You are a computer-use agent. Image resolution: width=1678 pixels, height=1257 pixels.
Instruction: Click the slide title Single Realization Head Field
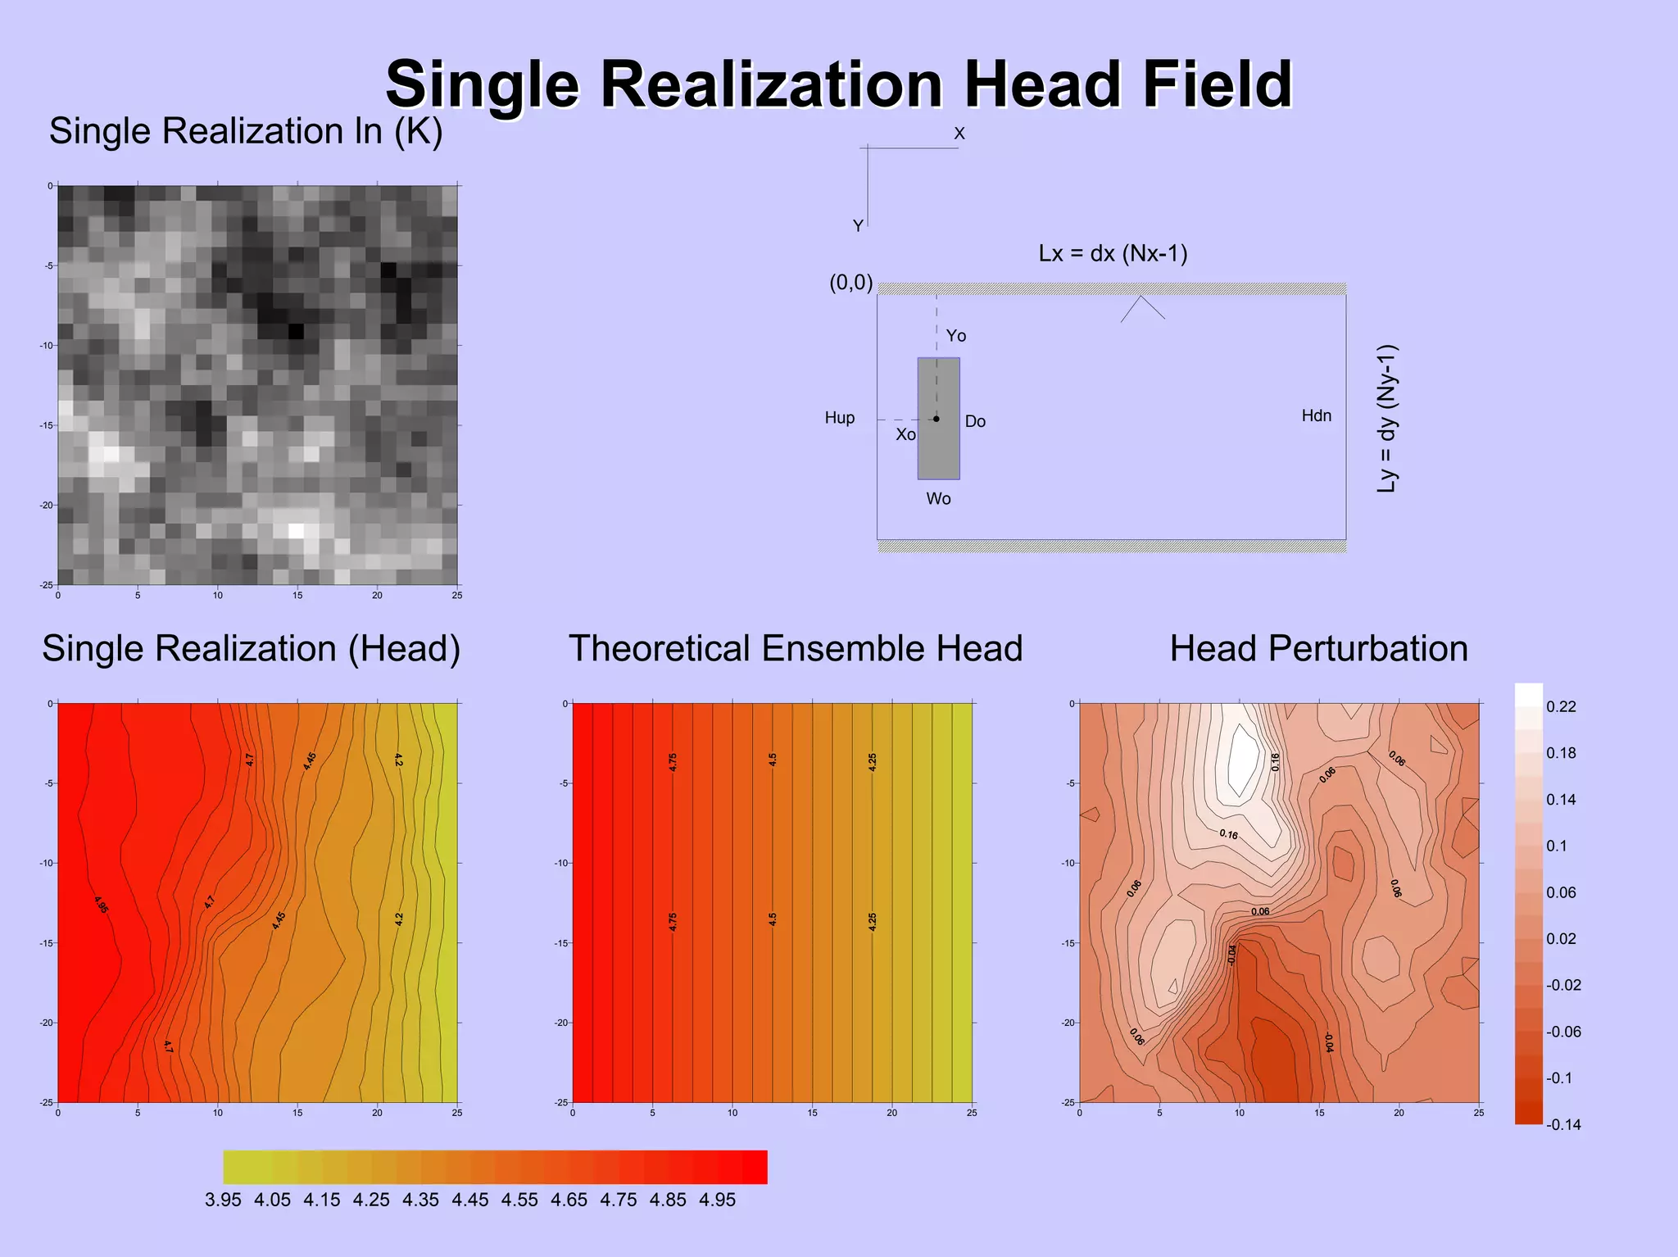click(838, 84)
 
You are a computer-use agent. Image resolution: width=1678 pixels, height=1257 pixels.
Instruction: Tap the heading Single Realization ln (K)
click(246, 131)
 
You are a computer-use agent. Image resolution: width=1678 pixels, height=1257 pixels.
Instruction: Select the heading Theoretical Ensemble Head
click(796, 648)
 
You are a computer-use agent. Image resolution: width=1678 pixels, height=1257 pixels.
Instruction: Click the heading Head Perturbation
click(1318, 648)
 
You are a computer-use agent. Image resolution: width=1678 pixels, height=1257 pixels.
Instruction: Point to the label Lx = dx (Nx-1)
click(1113, 253)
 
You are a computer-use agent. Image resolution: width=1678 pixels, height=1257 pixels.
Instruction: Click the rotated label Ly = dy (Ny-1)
click(1386, 418)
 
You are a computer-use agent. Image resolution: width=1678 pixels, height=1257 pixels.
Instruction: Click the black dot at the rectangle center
click(937, 419)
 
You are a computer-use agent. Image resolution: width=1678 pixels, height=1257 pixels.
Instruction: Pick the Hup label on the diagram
click(839, 418)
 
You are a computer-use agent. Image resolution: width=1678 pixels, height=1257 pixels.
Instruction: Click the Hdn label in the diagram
click(1316, 415)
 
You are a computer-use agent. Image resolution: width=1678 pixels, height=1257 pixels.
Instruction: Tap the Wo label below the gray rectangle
click(938, 498)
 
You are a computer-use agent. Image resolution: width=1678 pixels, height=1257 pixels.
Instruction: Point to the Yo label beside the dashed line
click(955, 336)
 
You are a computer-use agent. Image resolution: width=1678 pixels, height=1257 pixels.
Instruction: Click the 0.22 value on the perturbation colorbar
click(1560, 706)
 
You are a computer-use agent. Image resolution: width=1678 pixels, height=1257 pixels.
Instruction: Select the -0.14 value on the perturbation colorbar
click(1562, 1124)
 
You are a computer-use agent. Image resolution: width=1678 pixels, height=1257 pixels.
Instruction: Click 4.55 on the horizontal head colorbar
click(519, 1200)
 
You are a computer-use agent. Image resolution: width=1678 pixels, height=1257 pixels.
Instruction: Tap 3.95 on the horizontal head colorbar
click(223, 1200)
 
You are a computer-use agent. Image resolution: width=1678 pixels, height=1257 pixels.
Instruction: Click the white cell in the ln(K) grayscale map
click(297, 530)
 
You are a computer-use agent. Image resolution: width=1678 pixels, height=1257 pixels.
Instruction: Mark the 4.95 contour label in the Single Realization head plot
click(101, 905)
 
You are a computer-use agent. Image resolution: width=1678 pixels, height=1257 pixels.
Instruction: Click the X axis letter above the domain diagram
click(959, 134)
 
